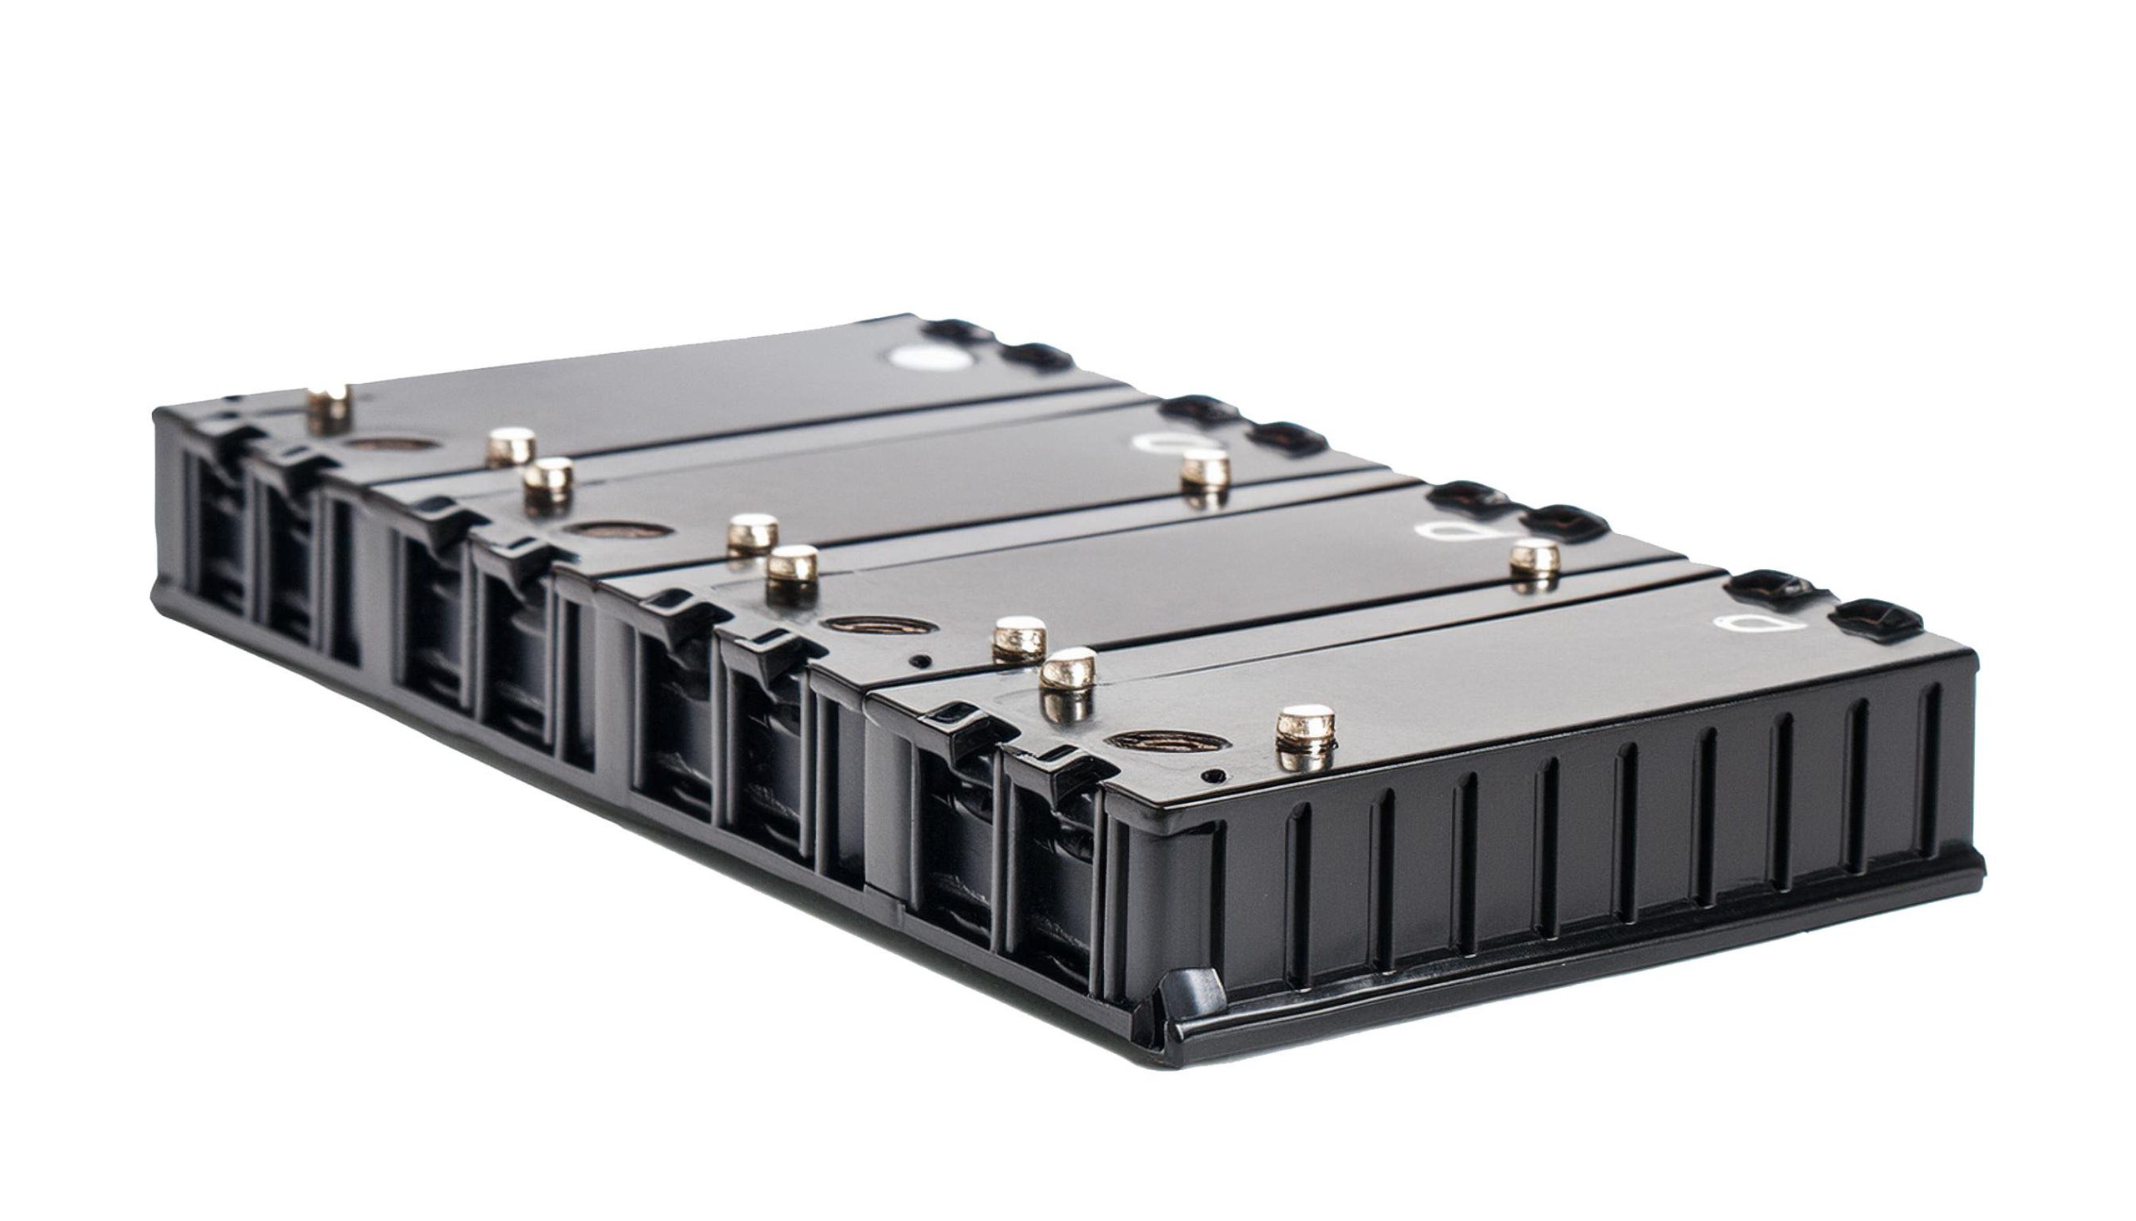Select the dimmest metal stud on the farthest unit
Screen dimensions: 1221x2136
click(x=330, y=408)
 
